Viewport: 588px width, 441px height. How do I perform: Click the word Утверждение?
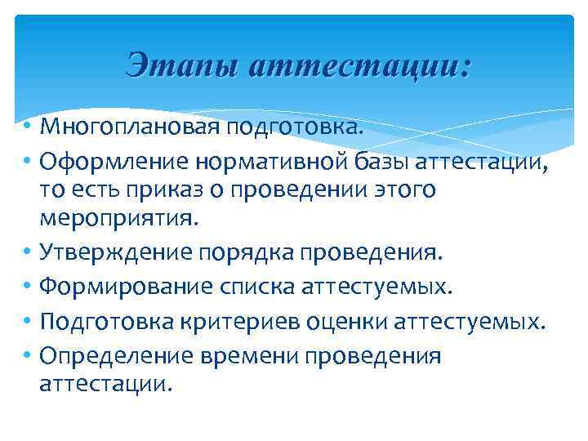(116, 253)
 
